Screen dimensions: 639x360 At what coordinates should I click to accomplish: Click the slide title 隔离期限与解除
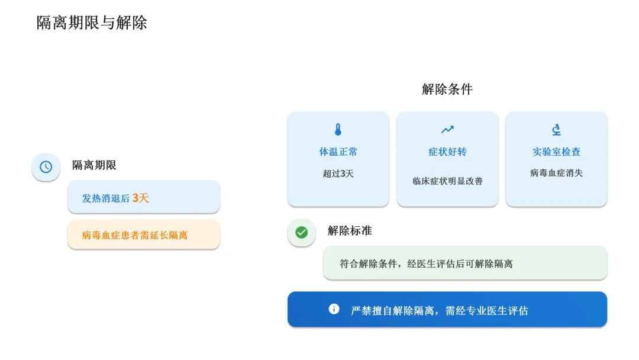[x=92, y=23]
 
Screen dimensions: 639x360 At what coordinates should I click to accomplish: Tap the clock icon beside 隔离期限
[x=46, y=167]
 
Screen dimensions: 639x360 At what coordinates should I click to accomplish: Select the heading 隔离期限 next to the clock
[x=94, y=165]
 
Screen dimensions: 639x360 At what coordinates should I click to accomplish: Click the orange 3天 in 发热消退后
[x=140, y=198]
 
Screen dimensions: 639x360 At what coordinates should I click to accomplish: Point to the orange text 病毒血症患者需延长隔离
[x=134, y=235]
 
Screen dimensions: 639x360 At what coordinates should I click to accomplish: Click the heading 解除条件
[x=447, y=89]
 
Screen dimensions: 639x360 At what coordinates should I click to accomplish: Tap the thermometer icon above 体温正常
[x=338, y=130]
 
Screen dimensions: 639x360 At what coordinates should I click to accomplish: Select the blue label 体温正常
[x=338, y=152]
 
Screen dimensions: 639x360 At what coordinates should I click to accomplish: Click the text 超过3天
[x=338, y=173]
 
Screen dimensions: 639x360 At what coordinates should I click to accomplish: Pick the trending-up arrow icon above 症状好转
[x=447, y=130]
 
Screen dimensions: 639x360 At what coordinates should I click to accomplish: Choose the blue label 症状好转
[x=447, y=152]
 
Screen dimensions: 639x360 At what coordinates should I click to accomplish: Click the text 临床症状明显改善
[x=447, y=181]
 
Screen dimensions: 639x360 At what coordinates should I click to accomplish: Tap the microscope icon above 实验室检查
[x=556, y=130]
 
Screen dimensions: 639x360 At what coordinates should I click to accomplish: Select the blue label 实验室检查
[x=556, y=152]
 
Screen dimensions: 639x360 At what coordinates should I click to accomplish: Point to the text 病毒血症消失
[x=556, y=173]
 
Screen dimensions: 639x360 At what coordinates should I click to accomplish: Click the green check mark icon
[x=302, y=232]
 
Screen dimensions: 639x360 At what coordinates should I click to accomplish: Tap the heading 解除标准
[x=350, y=231]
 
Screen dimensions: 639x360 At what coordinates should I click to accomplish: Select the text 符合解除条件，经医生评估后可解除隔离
[x=426, y=263]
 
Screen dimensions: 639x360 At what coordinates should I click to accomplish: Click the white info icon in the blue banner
[x=334, y=308]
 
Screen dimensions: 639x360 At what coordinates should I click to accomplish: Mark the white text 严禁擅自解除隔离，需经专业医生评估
[x=440, y=310]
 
